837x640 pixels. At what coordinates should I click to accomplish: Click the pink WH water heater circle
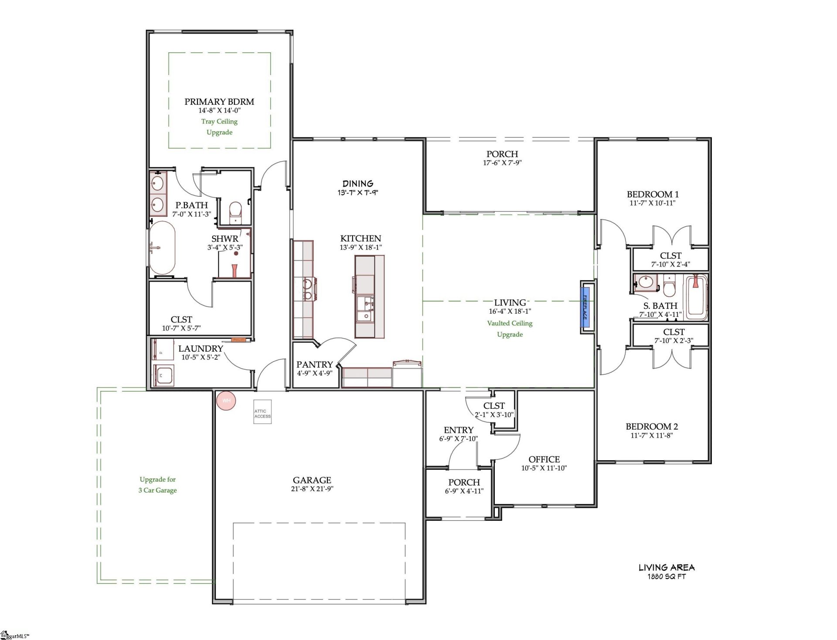[x=226, y=400]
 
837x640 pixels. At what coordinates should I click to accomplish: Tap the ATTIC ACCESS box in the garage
[x=262, y=412]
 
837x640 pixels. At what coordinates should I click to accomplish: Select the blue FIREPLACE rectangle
[x=585, y=307]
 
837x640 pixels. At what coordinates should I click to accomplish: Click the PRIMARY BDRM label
[x=219, y=102]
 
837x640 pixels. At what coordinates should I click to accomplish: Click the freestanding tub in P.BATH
[x=162, y=248]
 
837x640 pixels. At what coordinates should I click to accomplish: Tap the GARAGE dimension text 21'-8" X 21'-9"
[x=312, y=489]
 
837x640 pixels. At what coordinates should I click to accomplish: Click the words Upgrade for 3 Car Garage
[x=158, y=485]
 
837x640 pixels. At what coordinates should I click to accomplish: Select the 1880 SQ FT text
[x=667, y=577]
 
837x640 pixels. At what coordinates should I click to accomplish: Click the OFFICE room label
[x=544, y=459]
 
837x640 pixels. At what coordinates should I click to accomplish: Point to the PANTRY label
[x=314, y=364]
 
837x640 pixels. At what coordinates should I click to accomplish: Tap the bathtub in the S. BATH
[x=696, y=297]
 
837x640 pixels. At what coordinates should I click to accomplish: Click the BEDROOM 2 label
[x=652, y=427]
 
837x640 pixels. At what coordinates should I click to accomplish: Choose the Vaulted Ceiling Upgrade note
[x=510, y=329]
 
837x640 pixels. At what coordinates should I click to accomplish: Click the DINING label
[x=357, y=184]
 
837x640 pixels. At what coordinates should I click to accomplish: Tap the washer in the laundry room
[x=164, y=375]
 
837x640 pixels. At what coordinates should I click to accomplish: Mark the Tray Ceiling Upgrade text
[x=219, y=127]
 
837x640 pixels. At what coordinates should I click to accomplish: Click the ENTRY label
[x=458, y=430]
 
